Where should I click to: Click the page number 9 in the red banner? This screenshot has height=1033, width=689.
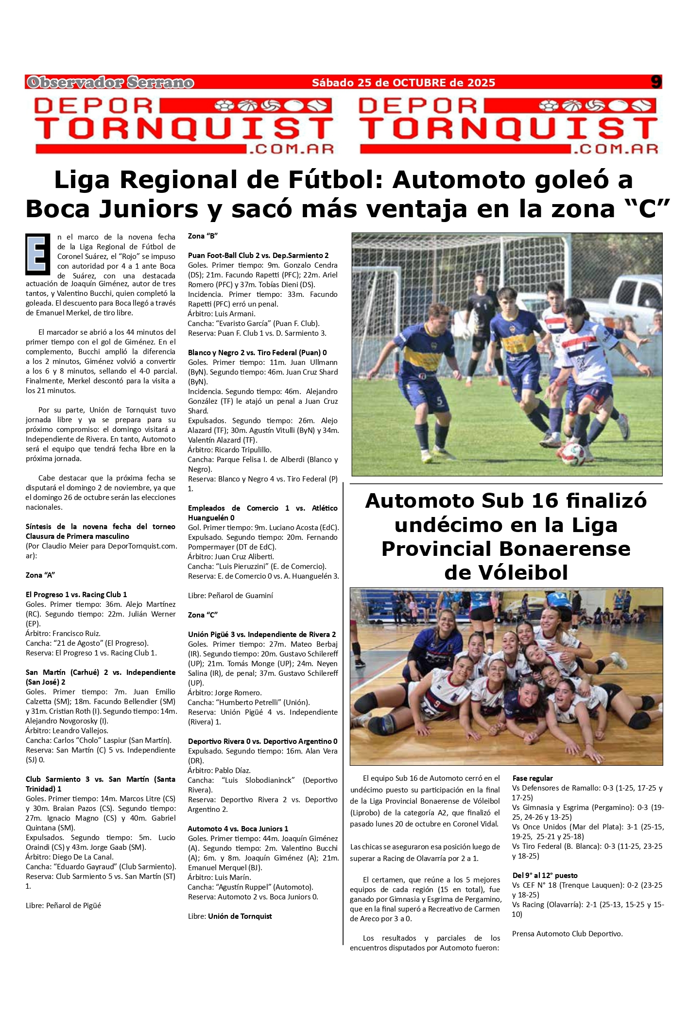tap(656, 82)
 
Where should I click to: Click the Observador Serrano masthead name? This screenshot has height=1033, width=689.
tap(111, 83)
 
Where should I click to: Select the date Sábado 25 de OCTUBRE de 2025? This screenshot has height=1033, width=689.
tap(403, 83)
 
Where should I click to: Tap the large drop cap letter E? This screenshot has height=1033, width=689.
tap(38, 254)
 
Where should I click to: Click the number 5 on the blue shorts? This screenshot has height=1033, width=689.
tap(439, 401)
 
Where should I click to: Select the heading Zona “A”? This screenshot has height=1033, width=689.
tap(40, 575)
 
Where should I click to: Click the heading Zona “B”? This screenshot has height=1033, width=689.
tap(203, 236)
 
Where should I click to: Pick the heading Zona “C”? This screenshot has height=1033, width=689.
tap(203, 615)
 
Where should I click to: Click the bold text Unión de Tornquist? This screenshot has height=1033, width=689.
tap(240, 916)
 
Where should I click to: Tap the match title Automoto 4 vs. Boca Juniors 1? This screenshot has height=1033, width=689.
tap(238, 829)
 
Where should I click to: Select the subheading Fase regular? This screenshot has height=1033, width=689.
tap(533, 778)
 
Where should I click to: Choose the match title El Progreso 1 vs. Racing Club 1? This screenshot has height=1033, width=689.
tap(76, 595)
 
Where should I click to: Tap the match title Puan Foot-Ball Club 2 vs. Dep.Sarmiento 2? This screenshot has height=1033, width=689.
tap(258, 256)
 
